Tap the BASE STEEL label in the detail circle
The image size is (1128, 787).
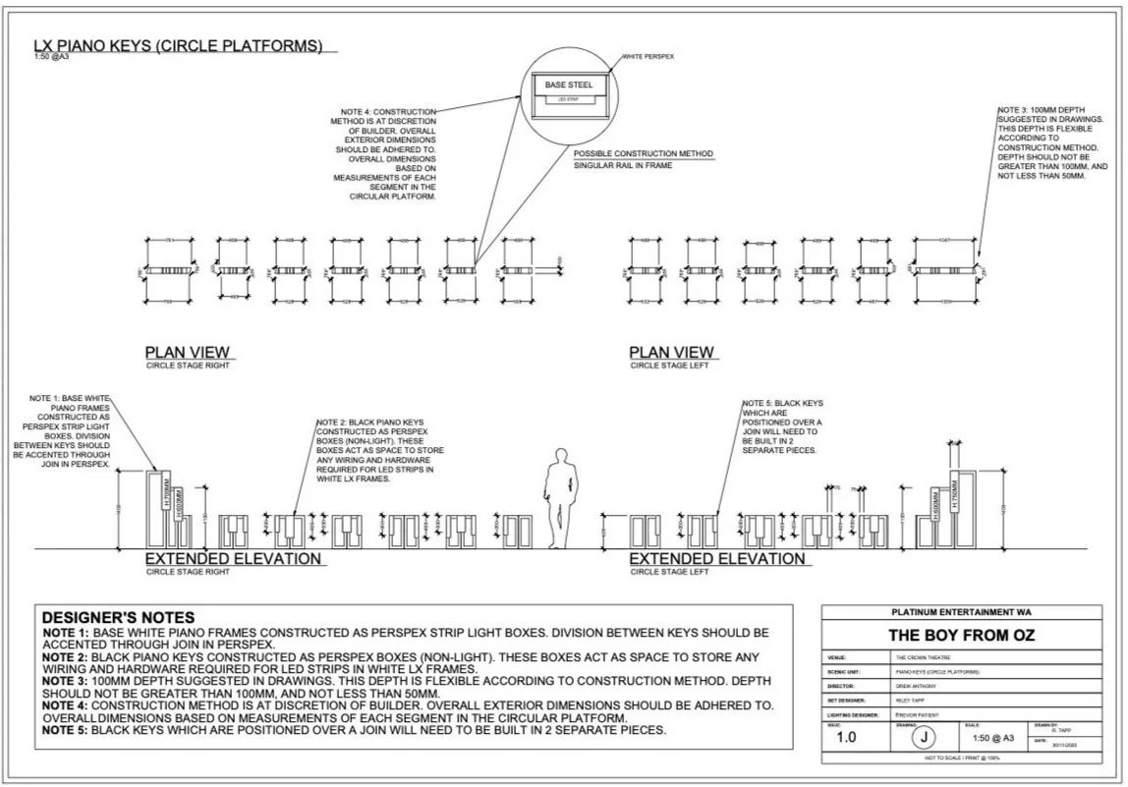(569, 85)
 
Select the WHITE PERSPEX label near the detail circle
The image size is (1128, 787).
(649, 57)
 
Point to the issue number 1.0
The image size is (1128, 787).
(847, 737)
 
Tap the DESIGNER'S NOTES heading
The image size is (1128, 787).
(118, 617)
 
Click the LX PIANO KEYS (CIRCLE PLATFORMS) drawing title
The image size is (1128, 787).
(178, 45)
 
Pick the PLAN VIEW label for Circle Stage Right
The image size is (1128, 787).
(187, 352)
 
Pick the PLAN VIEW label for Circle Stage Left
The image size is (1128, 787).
(671, 352)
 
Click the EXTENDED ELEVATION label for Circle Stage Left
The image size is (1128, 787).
(716, 559)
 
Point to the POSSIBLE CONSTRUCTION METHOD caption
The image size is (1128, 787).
(643, 154)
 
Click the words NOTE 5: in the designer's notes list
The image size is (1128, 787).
(66, 730)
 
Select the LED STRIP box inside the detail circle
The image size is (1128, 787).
(569, 99)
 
